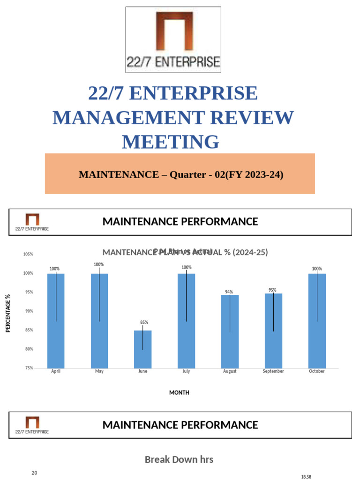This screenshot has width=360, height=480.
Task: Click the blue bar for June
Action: (142, 349)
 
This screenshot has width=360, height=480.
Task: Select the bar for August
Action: (230, 331)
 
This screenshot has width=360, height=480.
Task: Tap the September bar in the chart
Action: (273, 331)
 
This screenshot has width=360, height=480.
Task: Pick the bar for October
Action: (317, 321)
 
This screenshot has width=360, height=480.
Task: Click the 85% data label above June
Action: (144, 322)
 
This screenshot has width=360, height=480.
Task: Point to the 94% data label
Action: (229, 292)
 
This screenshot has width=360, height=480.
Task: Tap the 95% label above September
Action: (272, 290)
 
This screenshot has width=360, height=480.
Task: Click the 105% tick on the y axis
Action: (28, 254)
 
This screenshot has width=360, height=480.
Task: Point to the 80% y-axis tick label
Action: (28, 349)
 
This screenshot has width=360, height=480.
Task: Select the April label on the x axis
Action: (55, 371)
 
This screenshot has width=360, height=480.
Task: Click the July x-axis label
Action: (186, 371)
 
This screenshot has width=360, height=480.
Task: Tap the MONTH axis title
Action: (179, 393)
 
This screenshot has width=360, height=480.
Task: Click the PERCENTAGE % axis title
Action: (7, 313)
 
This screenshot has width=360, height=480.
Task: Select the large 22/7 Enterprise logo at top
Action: (173, 40)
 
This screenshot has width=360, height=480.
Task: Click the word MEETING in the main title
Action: (171, 142)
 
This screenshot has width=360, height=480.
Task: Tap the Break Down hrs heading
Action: (179, 459)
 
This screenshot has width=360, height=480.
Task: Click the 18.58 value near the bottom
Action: (306, 477)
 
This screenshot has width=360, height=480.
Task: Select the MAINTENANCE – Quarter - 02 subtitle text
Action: (181, 175)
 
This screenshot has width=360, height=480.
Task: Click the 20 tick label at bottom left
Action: (34, 473)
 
